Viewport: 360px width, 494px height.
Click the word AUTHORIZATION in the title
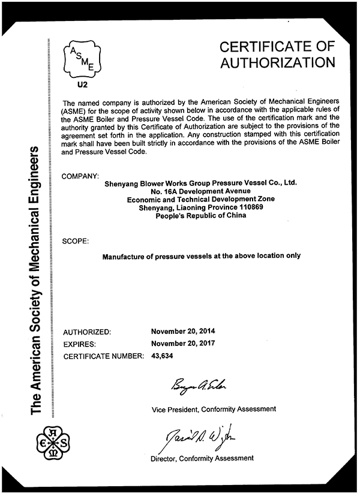coord(277,62)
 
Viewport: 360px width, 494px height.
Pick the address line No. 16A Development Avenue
coord(200,191)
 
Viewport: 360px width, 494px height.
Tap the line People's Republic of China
coord(200,216)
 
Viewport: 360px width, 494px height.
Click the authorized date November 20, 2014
coord(184,331)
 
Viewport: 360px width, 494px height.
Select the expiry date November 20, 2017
coord(184,343)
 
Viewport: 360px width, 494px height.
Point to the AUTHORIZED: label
coord(87,332)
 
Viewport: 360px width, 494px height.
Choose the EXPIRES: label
coord(81,344)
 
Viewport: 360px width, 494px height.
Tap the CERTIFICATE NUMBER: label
coord(103,356)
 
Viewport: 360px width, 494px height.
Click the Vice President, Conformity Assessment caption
coord(214,409)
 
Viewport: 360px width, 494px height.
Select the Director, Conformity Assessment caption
coord(202,458)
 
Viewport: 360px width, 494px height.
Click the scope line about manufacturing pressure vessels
coord(201,256)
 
